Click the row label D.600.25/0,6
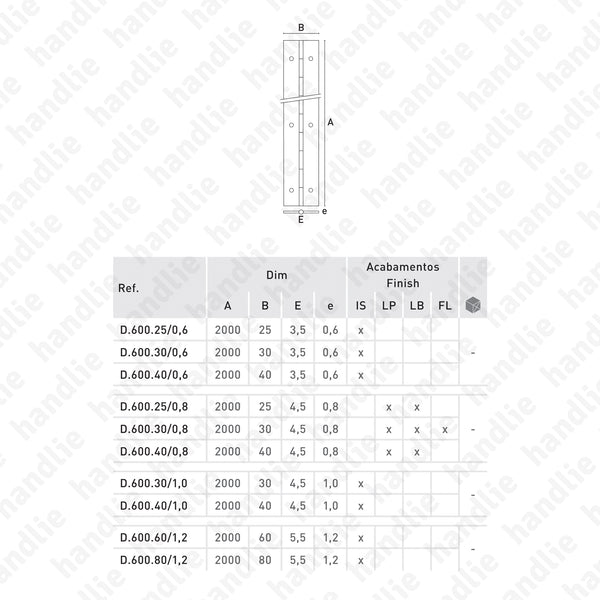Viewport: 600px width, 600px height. coord(146,330)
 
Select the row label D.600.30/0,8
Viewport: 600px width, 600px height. coord(146,429)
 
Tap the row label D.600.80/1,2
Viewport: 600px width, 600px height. coord(146,560)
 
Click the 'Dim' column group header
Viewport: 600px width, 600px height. coord(277,274)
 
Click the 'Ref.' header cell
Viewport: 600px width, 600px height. coord(128,288)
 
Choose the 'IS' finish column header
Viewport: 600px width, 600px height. coord(360,306)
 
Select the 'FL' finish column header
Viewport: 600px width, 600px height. coord(444,306)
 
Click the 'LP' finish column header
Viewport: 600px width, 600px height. coord(388,306)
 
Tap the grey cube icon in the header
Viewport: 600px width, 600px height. coord(473,305)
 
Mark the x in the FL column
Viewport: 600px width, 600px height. coord(444,429)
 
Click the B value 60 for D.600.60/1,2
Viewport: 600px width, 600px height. coord(264,538)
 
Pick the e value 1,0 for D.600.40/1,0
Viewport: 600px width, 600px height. coord(331,506)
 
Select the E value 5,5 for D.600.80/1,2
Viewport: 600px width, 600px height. coord(298,560)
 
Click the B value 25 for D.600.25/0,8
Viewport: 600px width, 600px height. coord(264,407)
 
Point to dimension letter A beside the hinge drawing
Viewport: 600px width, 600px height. coord(330,123)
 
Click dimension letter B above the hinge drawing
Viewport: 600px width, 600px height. coord(301,29)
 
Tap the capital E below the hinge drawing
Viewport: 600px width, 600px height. coord(301,220)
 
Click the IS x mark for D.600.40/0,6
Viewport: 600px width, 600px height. coord(360,374)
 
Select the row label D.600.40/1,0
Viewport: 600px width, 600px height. coord(146,506)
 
